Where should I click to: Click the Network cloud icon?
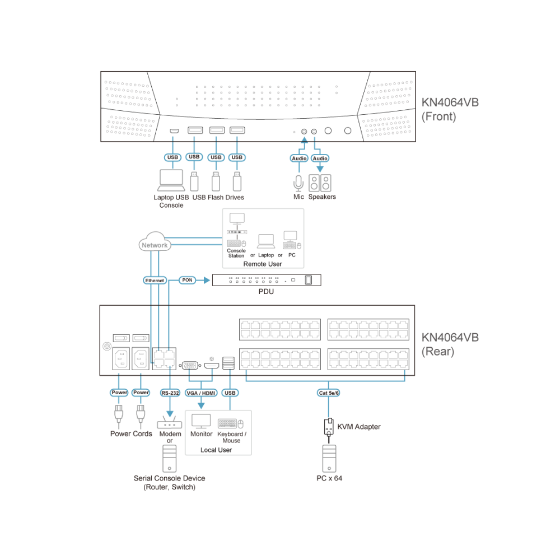pos(155,242)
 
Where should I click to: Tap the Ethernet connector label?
pos(155,281)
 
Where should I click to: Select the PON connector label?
pos(187,280)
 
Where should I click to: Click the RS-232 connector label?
pos(170,393)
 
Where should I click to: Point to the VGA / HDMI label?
pos(201,393)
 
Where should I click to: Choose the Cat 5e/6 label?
pos(329,393)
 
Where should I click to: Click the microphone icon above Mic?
pos(298,183)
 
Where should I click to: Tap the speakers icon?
pos(320,183)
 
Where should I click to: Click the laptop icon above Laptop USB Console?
pos(171,180)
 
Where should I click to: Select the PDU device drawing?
pos(267,280)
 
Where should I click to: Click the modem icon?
pos(170,423)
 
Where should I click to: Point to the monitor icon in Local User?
pos(201,422)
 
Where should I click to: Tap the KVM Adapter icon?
pos(329,427)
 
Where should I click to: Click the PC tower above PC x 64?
pos(329,459)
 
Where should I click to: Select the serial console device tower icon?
pos(169,459)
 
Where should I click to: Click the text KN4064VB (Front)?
pos(450,109)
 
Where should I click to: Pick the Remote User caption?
pos(263,264)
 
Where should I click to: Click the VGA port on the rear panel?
pos(190,365)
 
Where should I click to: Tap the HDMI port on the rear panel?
pos(212,366)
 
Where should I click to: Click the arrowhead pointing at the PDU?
pos(207,281)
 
